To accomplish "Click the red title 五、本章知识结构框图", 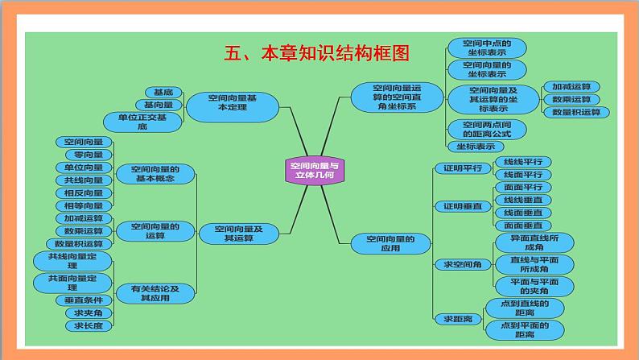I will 315,54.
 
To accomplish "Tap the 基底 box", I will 162,92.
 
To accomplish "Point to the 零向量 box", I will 83,155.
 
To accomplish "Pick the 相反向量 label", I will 83,192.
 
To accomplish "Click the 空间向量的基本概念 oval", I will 156,174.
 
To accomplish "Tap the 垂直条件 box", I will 83,300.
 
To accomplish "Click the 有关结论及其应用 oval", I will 155,293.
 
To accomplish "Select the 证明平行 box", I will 457,168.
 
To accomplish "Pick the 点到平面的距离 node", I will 524,329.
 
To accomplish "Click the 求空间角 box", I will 457,264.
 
